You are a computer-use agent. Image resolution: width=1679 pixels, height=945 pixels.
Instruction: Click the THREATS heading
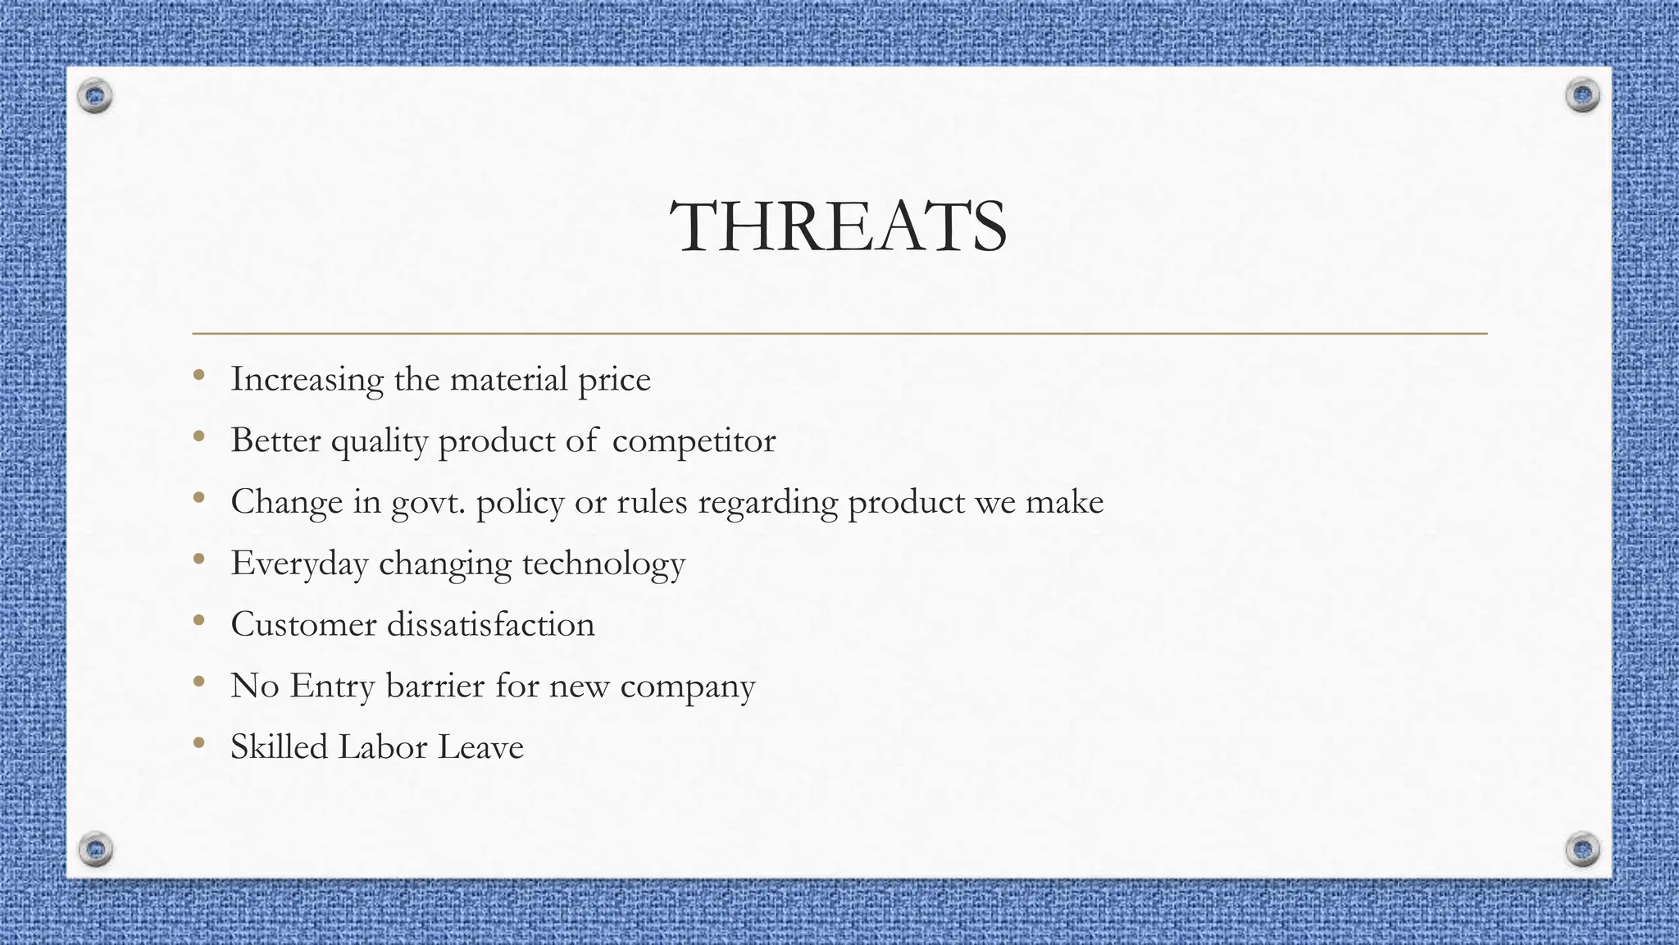tap(839, 226)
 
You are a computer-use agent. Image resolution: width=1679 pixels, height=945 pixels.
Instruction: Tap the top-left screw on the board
tap(95, 97)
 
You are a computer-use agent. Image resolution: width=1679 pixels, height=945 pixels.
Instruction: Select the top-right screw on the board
tap(1582, 96)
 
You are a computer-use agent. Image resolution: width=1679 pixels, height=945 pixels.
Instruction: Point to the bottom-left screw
tap(96, 848)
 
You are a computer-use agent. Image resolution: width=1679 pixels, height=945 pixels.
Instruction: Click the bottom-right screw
tap(1582, 848)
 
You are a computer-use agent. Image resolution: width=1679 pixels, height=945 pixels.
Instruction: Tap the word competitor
tap(694, 441)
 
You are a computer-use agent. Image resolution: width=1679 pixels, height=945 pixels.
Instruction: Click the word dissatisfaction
tap(490, 624)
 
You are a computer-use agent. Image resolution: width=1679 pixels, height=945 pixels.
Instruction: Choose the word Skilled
tap(279, 747)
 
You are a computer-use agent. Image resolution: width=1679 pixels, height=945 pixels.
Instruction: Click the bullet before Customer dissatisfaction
tap(198, 621)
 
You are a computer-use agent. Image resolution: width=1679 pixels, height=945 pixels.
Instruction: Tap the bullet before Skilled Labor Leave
tap(198, 744)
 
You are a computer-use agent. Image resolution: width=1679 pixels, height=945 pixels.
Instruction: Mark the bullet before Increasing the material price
tap(198, 376)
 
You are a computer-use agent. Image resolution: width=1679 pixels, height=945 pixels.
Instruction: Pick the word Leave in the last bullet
tap(480, 747)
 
